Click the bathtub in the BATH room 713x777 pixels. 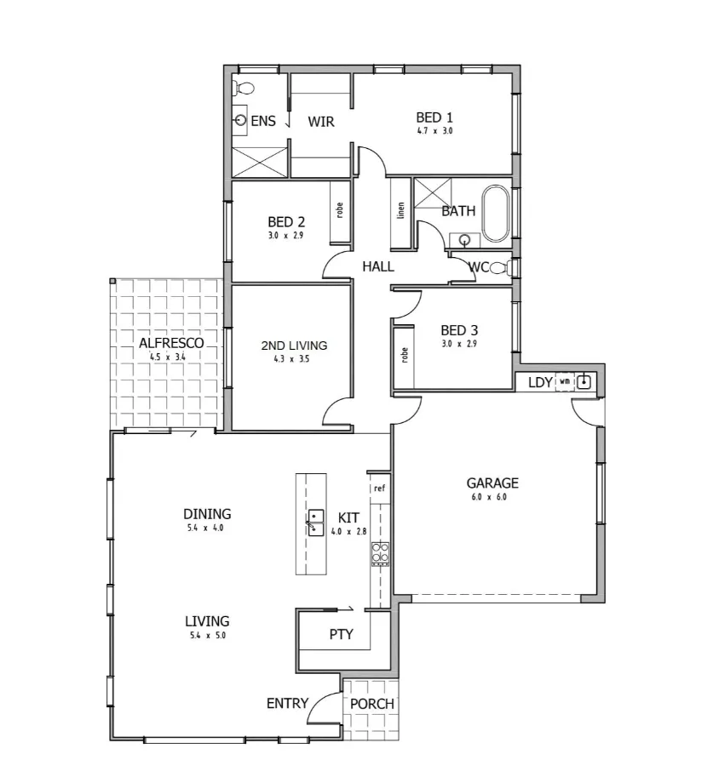click(x=495, y=214)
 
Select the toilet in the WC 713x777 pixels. click(x=500, y=268)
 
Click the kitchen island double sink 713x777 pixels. click(x=316, y=522)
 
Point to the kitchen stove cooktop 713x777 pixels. click(x=380, y=553)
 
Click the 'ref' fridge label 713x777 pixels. click(x=379, y=488)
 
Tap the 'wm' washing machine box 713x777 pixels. click(x=564, y=382)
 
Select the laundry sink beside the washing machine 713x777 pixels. click(x=584, y=382)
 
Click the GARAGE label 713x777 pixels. click(x=492, y=483)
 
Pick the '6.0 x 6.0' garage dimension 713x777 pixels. click(x=488, y=497)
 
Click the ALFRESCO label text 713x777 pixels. click(x=171, y=343)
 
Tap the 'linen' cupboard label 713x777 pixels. click(x=400, y=211)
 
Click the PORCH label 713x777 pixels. click(x=372, y=704)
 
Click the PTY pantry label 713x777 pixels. click(x=341, y=635)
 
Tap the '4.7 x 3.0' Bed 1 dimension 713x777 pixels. click(x=434, y=131)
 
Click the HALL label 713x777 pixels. click(x=377, y=266)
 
